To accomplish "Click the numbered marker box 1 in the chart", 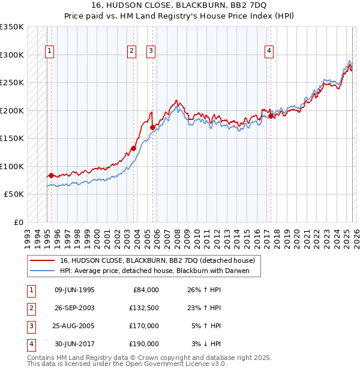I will [x=49, y=52].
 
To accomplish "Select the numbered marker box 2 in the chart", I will [x=131, y=52].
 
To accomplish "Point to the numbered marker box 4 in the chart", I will [x=269, y=52].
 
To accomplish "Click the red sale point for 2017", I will [x=271, y=116].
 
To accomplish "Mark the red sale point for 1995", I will [x=51, y=175].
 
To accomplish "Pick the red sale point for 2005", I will [x=152, y=127].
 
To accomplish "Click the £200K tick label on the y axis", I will [x=12, y=110].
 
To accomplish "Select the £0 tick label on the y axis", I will [x=18, y=222].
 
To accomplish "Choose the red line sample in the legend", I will [x=42, y=260].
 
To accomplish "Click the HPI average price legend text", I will [x=158, y=271].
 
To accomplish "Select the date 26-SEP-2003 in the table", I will [x=74, y=308].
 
